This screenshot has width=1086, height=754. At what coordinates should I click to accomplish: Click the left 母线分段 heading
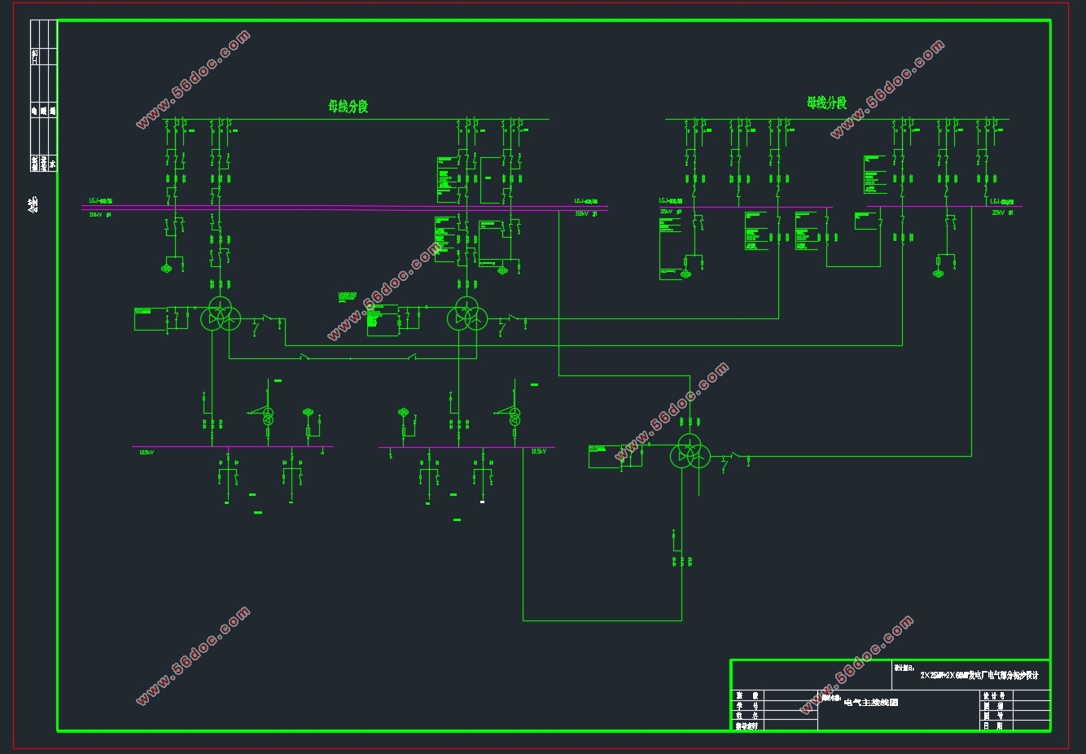[x=348, y=106]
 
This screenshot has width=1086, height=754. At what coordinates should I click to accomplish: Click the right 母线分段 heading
[x=826, y=103]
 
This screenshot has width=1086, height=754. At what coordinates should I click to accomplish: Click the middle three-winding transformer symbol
[x=466, y=314]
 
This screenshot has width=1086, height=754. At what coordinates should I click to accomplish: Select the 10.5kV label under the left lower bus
[x=147, y=453]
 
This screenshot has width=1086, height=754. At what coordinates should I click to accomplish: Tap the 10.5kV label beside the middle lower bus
[x=538, y=451]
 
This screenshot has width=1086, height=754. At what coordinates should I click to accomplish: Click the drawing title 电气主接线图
[x=871, y=702]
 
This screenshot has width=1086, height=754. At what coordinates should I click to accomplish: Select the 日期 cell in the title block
[x=993, y=726]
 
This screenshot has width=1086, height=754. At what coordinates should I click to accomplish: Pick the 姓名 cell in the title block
[x=747, y=716]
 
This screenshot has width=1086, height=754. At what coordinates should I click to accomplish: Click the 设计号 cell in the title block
[x=994, y=696]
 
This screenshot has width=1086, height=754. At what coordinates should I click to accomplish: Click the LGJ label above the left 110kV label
[x=101, y=200]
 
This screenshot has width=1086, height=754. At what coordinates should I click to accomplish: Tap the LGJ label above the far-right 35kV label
[x=1001, y=201]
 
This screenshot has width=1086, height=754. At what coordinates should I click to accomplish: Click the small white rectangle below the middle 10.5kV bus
[x=482, y=502]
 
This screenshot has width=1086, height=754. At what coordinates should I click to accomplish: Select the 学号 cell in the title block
[x=747, y=706]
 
